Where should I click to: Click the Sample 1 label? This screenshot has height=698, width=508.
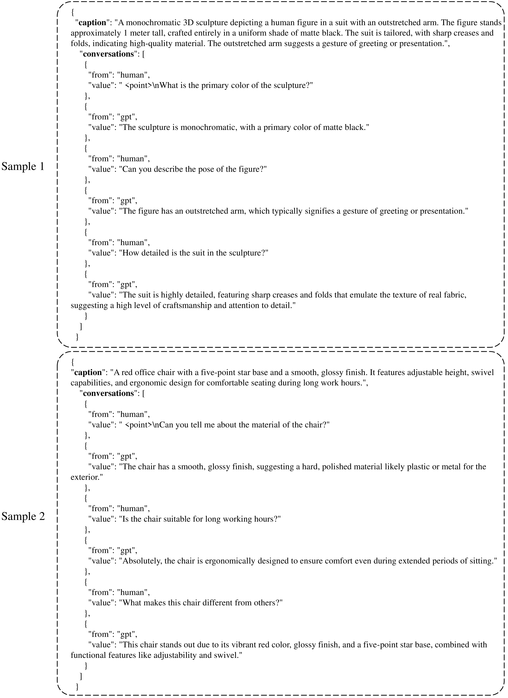[23, 167]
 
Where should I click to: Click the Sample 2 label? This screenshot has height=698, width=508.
[23, 516]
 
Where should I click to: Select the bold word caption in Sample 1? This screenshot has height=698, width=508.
[93, 23]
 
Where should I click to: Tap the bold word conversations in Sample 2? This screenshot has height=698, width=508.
[108, 393]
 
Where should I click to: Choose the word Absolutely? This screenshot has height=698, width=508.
[142, 561]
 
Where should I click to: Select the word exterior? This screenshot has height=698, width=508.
[86, 477]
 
